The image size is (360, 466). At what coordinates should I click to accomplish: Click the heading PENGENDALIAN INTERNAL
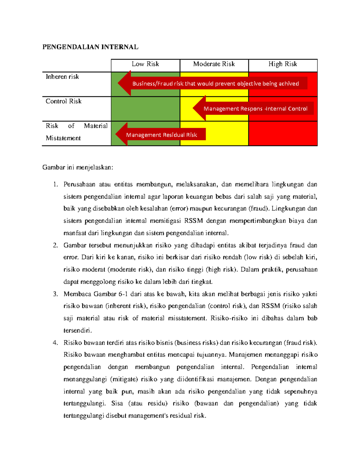click(x=90, y=47)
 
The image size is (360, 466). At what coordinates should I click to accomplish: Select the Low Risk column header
click(x=145, y=64)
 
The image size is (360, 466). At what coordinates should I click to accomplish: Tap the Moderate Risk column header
click(x=214, y=64)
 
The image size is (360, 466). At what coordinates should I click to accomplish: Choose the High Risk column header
click(x=283, y=64)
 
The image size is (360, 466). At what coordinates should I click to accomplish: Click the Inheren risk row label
click(x=62, y=77)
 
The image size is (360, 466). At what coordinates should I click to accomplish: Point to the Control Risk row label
click(x=64, y=101)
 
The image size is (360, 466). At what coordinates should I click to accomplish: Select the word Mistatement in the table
click(x=63, y=138)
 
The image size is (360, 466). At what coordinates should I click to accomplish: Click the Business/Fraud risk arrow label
click(x=215, y=84)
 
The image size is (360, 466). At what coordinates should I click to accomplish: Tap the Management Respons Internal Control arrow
click(x=255, y=109)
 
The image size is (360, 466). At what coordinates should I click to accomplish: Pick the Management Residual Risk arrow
click(x=161, y=135)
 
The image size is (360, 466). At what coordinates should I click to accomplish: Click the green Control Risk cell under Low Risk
click(x=145, y=109)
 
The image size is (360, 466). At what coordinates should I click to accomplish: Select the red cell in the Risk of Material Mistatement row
click(x=283, y=134)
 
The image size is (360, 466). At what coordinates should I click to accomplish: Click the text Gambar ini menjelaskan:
click(x=78, y=167)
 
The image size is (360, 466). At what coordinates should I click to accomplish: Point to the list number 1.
click(x=55, y=185)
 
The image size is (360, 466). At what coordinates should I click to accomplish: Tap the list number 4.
click(x=55, y=343)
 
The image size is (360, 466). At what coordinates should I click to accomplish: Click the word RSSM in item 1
click(x=193, y=221)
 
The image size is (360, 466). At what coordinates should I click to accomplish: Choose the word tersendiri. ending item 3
click(x=78, y=330)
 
